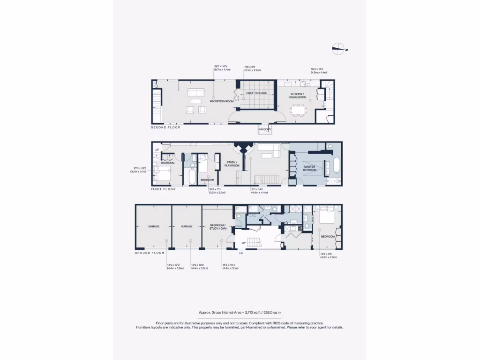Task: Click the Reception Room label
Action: (222, 101)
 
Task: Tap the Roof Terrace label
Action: (256, 93)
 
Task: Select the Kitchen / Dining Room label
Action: (297, 96)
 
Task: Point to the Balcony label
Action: (265, 129)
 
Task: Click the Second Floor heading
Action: (165, 127)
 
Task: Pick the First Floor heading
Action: (163, 189)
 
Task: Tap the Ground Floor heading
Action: (150, 253)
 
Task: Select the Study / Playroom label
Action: (233, 164)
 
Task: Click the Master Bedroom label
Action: (310, 168)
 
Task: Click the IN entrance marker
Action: (241, 253)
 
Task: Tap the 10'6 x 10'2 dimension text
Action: (139, 170)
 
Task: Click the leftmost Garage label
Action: (154, 226)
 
